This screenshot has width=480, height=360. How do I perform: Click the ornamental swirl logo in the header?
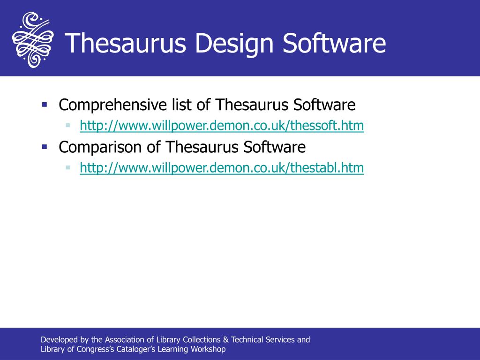point(32,40)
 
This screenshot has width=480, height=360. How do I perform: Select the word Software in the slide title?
point(334,43)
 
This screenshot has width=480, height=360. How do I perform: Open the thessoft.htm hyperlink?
point(222,126)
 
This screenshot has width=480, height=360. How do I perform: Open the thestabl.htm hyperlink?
point(222,168)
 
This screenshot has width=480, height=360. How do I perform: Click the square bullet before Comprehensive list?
point(45,104)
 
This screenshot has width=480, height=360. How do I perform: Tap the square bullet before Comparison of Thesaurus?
point(45,146)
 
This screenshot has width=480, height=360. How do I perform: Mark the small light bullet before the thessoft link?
point(68,125)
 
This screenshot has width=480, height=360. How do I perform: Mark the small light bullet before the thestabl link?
point(68,167)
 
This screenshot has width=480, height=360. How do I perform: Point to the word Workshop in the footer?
point(208,350)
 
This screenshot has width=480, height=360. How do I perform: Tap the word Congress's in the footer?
point(96,350)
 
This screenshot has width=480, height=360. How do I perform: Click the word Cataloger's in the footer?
point(137,350)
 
